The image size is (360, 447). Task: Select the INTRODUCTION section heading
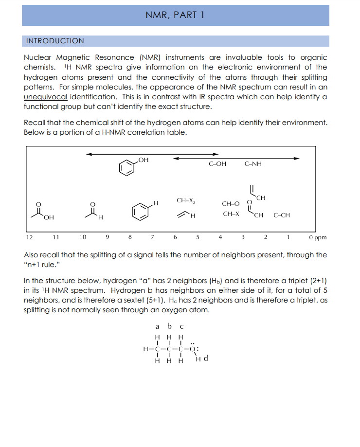[54, 41]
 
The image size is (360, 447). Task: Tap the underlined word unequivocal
[45, 96]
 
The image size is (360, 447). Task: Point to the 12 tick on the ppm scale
[29, 237]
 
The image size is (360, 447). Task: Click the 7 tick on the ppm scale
[153, 237]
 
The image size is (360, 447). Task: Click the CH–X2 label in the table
[186, 200]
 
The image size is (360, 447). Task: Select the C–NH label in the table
[253, 164]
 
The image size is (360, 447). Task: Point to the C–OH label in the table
[217, 164]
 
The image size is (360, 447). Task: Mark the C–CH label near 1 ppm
[282, 215]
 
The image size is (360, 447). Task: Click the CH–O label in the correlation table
[230, 203]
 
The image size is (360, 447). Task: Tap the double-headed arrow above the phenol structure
[127, 154]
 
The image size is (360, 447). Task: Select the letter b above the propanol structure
[169, 326]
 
